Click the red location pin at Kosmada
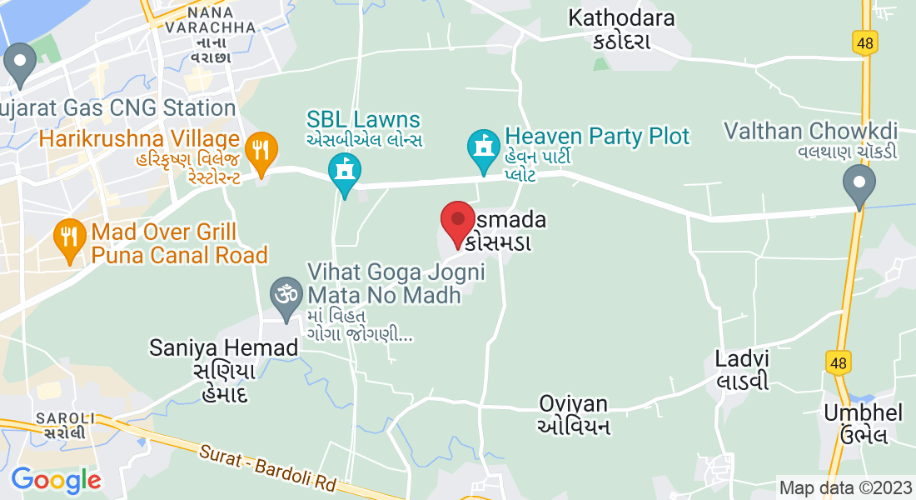[458, 222]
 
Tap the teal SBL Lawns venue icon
[343, 172]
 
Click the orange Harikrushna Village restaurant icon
[263, 151]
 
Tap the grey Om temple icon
[287, 296]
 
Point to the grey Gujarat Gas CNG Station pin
[19, 63]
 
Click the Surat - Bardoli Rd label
[267, 469]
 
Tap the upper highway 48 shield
[864, 42]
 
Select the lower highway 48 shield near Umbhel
[838, 362]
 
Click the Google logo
[56, 480]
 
